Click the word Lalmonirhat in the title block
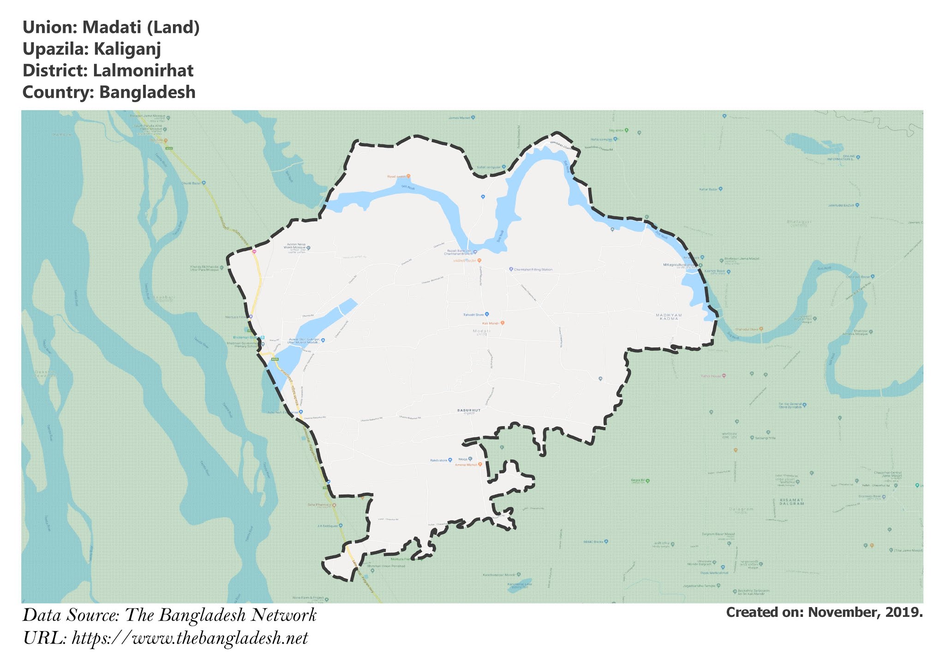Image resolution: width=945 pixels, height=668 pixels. tap(143, 71)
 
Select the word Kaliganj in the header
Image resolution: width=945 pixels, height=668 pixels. tap(127, 49)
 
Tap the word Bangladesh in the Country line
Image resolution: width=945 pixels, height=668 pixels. tap(148, 92)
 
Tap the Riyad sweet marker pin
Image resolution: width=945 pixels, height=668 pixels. tap(408, 176)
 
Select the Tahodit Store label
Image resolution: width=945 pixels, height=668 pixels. tap(473, 315)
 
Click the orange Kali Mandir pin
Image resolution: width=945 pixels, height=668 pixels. tap(502, 323)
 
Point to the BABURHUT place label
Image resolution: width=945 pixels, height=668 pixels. tap(469, 410)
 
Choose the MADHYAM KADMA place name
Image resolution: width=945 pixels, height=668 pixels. tap(669, 317)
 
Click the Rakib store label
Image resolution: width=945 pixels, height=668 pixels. tap(439, 460)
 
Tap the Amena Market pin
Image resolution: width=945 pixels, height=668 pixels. tap(480, 465)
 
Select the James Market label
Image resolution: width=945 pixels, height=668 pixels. tap(459, 118)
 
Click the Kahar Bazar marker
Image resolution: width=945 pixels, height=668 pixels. tap(720, 189)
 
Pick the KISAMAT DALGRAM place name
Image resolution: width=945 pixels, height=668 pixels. tap(792, 501)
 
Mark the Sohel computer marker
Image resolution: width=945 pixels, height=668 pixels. tap(504, 167)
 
